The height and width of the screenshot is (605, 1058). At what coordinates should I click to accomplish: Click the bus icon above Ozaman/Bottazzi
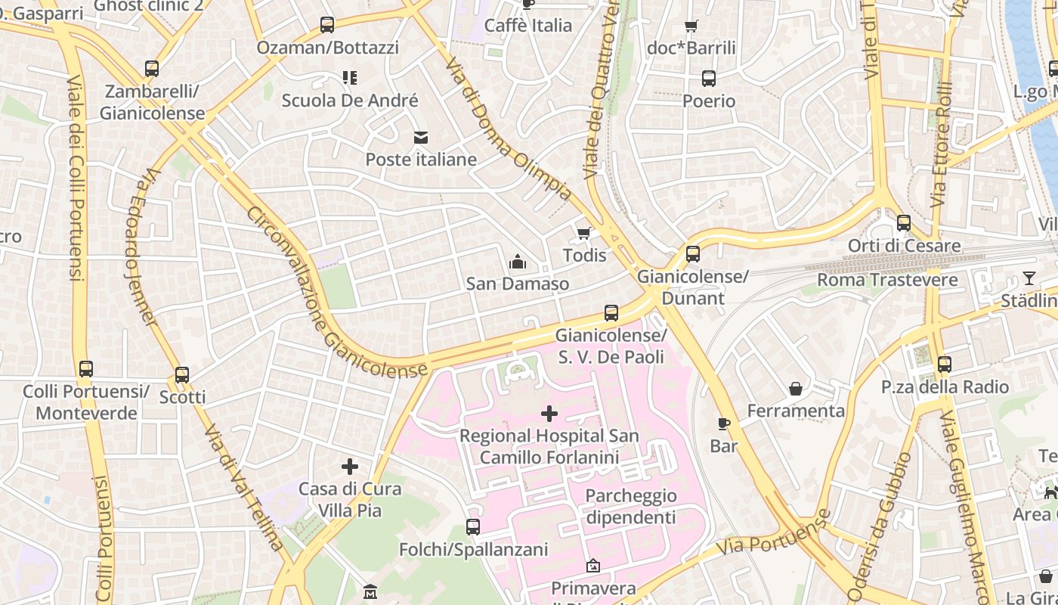[327, 25]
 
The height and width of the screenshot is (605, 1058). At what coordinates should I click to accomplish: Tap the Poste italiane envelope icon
[420, 137]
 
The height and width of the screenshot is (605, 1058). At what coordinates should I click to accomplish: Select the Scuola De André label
[350, 101]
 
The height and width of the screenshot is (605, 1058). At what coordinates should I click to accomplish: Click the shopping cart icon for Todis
[583, 233]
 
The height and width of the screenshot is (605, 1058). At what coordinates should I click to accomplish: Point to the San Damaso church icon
[518, 262]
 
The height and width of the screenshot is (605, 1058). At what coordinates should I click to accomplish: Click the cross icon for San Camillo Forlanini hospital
[549, 414]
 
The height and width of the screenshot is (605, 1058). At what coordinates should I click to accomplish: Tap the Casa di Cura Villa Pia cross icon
[350, 467]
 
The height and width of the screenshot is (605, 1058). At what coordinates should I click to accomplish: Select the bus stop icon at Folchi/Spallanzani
[473, 527]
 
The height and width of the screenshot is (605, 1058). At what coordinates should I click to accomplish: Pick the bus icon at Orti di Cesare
[904, 223]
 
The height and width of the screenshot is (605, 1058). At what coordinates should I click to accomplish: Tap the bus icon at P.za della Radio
[945, 365]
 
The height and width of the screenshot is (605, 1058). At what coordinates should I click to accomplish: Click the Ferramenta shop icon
[796, 389]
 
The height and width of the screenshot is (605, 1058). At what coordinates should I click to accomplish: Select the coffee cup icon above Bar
[723, 423]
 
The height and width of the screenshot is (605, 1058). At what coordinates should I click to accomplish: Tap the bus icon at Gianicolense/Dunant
[693, 254]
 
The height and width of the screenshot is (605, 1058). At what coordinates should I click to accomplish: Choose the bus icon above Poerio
[709, 79]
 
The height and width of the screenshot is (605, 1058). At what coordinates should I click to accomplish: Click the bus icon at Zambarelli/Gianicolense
[152, 69]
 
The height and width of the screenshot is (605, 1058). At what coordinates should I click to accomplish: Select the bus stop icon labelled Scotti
[182, 375]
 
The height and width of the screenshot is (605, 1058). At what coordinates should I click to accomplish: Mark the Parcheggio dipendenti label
[631, 507]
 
